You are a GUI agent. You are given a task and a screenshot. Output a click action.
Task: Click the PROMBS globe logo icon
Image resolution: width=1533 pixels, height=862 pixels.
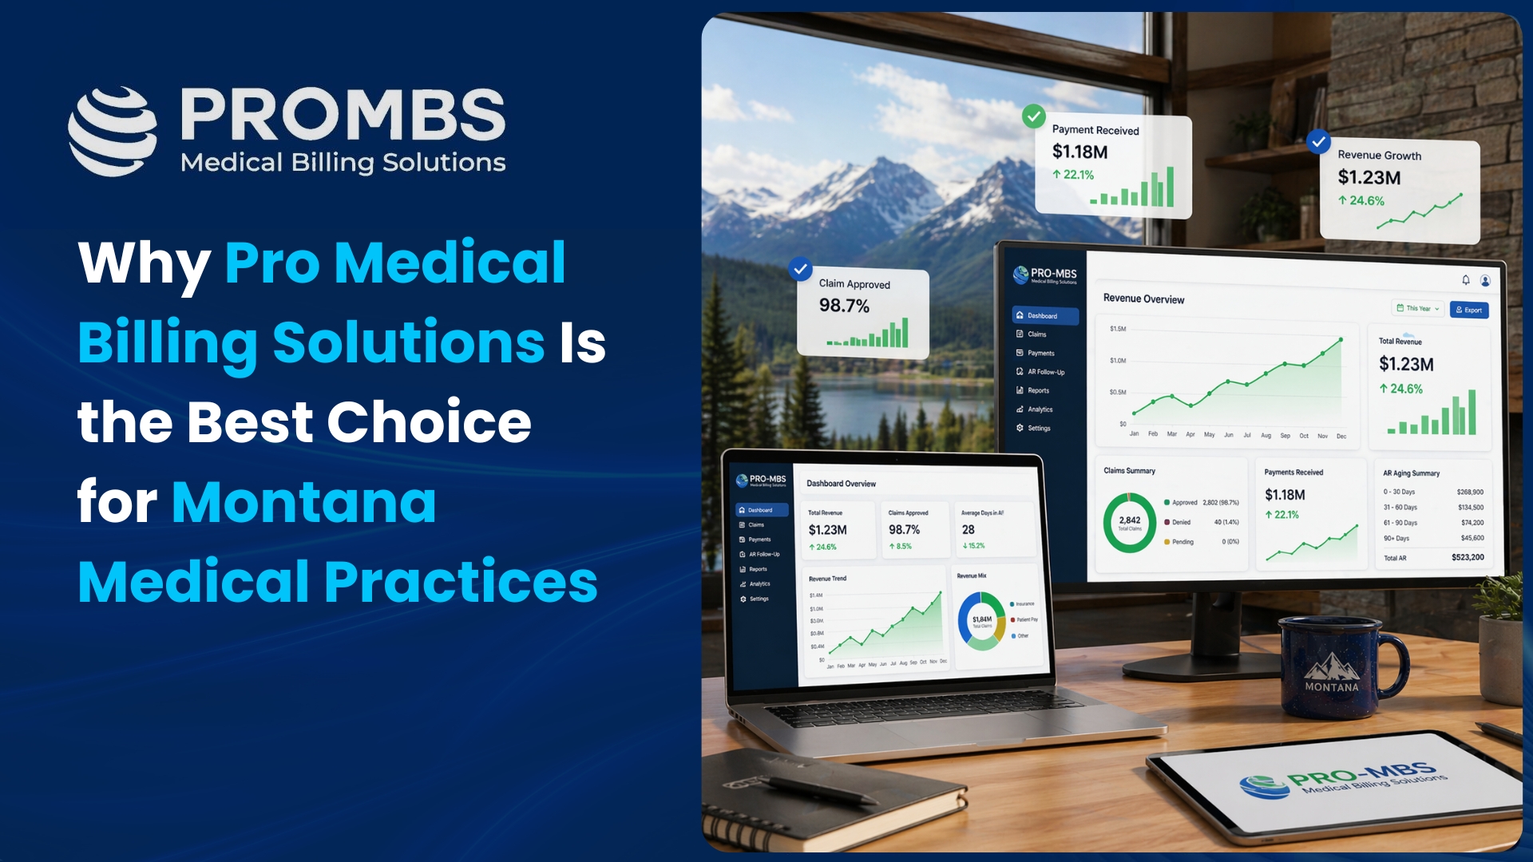point(113,131)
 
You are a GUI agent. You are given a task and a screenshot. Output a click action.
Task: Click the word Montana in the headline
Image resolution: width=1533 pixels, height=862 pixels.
point(304,502)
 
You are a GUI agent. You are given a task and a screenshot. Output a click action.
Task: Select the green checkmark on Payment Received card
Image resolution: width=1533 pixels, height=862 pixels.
point(1034,117)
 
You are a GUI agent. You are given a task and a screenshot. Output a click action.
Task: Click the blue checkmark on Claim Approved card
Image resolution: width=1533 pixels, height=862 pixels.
point(800,269)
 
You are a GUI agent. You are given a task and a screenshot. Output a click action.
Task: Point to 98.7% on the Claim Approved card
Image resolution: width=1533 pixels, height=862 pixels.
point(844,306)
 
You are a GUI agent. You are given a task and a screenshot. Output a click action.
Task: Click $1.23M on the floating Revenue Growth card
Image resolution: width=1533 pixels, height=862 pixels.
point(1369,177)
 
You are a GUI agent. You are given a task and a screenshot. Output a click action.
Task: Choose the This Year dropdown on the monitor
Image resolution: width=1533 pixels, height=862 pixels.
point(1418,308)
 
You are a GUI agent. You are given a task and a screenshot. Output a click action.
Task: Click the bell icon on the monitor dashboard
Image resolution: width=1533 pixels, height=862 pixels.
point(1466,279)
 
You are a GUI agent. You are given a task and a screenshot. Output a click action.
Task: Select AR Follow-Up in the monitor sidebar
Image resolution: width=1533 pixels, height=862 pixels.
point(1045,372)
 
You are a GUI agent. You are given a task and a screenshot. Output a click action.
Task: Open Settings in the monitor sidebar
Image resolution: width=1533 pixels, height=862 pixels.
point(1038,429)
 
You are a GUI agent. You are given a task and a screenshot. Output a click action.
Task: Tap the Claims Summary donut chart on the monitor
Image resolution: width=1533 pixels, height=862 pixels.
point(1130,523)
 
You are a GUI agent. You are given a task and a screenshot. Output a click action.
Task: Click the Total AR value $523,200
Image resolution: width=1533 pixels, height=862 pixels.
point(1468,557)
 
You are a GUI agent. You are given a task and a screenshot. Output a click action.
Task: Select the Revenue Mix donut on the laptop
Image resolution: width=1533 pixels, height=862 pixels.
point(981,620)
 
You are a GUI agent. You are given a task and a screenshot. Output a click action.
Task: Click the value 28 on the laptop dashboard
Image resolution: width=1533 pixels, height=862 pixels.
point(969,530)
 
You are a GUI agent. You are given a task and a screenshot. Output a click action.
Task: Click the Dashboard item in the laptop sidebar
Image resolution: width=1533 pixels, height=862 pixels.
point(760,510)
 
